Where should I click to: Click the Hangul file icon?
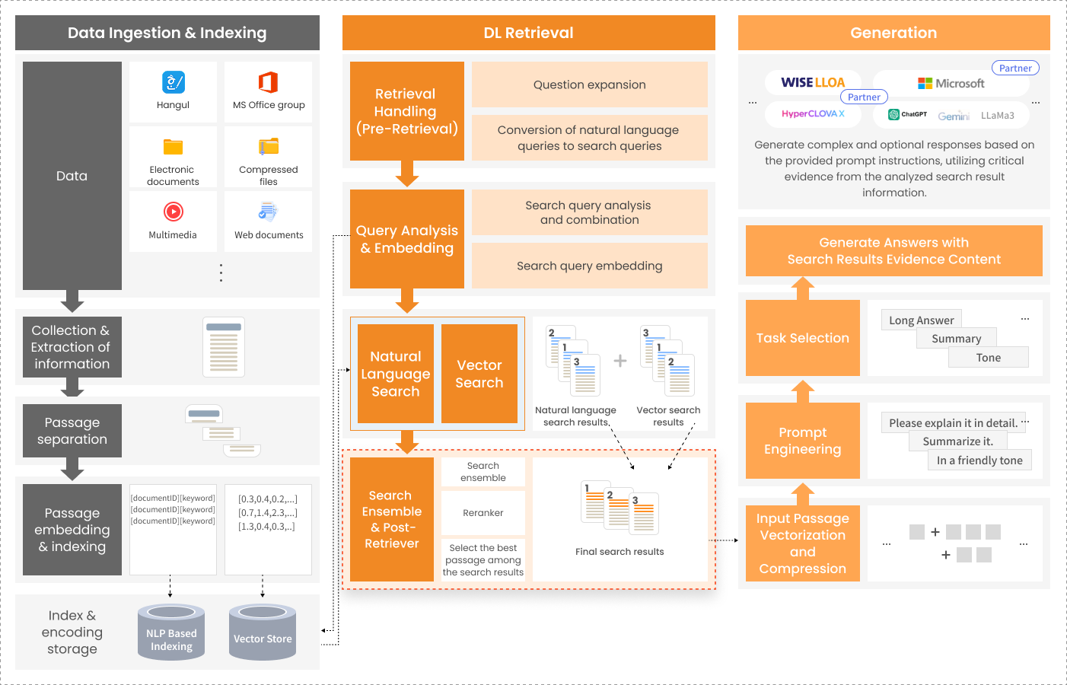tap(174, 82)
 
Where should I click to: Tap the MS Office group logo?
tap(268, 82)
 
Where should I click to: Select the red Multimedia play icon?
tap(174, 211)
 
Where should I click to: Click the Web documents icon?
tap(268, 211)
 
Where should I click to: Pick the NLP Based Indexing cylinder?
tap(171, 632)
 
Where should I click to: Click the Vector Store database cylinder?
tap(263, 632)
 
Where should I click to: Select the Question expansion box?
tap(589, 84)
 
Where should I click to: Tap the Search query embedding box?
tap(589, 266)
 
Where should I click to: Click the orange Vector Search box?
tap(479, 374)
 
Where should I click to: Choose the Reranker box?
tap(483, 512)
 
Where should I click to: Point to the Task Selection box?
tap(803, 338)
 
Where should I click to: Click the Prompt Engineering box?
tap(803, 441)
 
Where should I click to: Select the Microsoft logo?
tap(951, 84)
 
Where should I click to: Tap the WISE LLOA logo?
tap(813, 82)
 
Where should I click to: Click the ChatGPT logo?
tap(907, 114)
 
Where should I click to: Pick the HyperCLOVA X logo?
tap(813, 113)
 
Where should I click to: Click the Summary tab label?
tap(957, 338)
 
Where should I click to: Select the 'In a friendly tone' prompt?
tap(979, 460)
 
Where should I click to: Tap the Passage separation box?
tap(72, 431)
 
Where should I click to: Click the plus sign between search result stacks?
tap(619, 361)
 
